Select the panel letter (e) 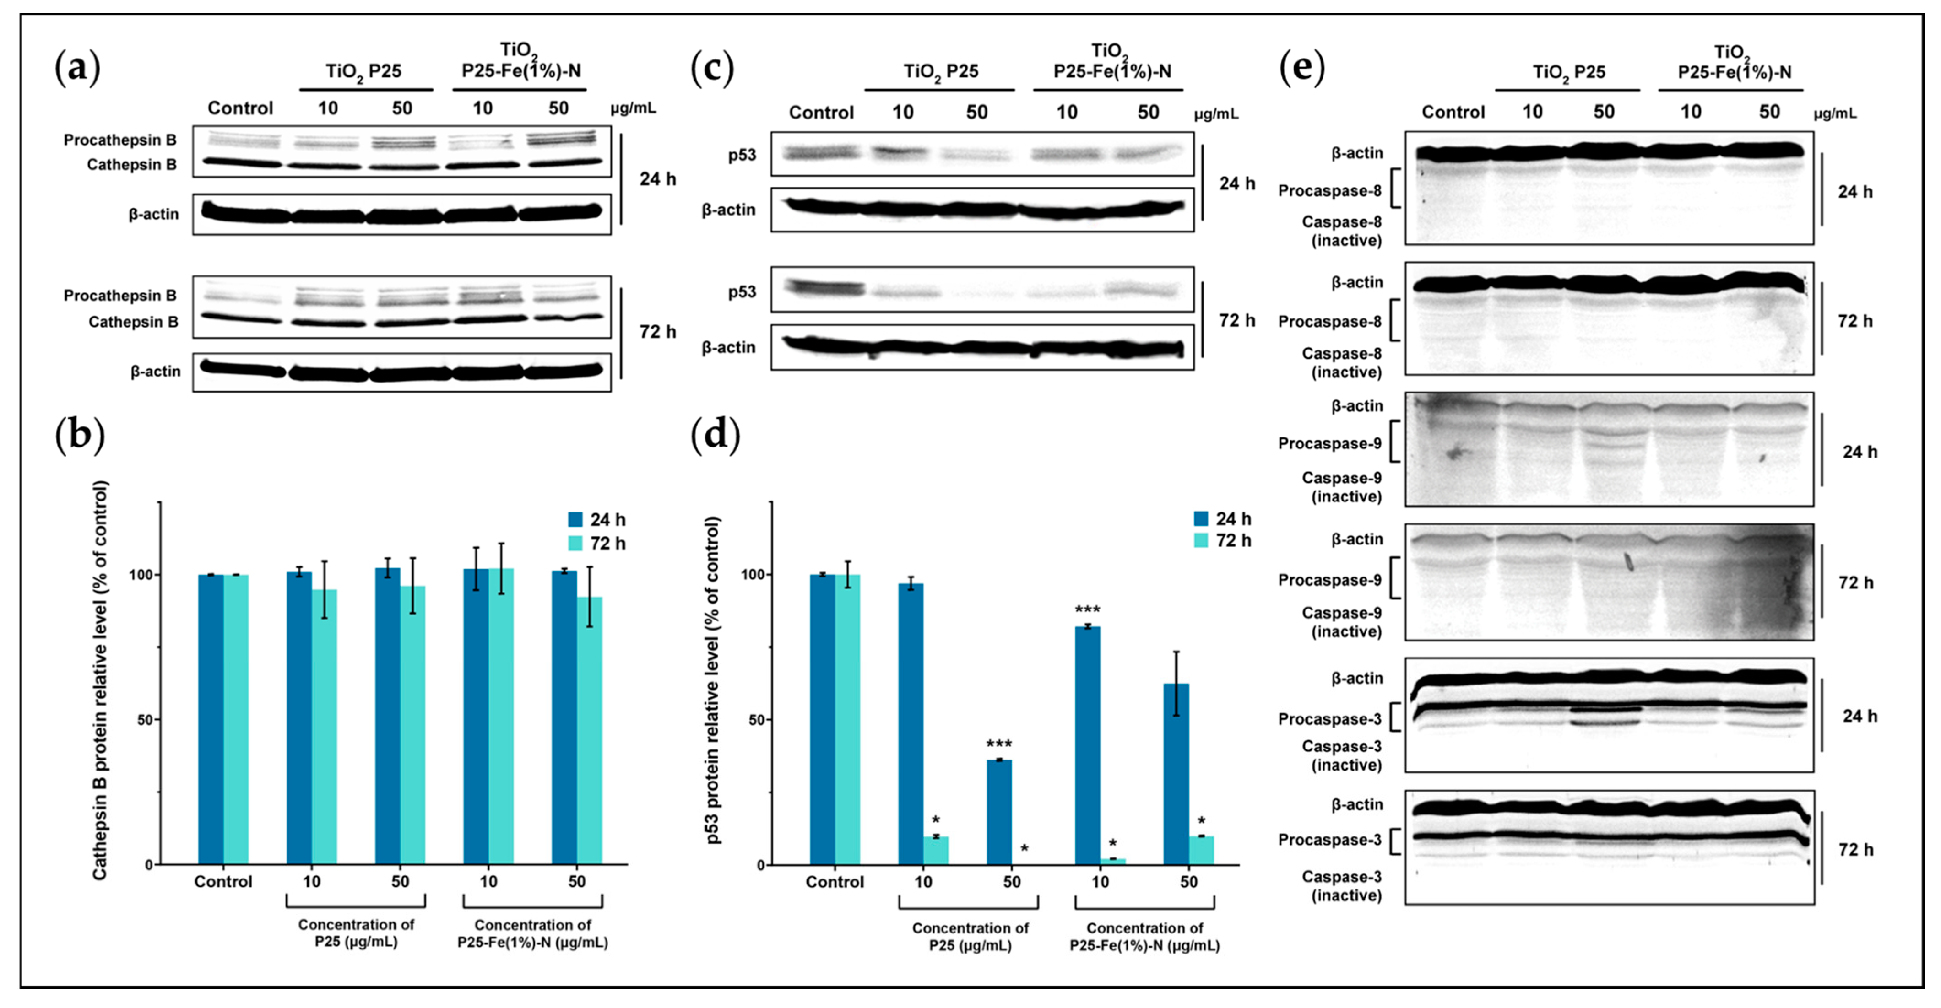(x=1301, y=68)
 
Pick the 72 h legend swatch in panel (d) (x=1201, y=540)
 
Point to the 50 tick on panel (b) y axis (x=145, y=719)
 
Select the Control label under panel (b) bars (x=223, y=881)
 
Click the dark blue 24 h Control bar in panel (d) (x=822, y=719)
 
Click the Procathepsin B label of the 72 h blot (x=120, y=295)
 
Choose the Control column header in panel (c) (x=820, y=112)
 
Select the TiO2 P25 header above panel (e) (x=1569, y=72)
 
